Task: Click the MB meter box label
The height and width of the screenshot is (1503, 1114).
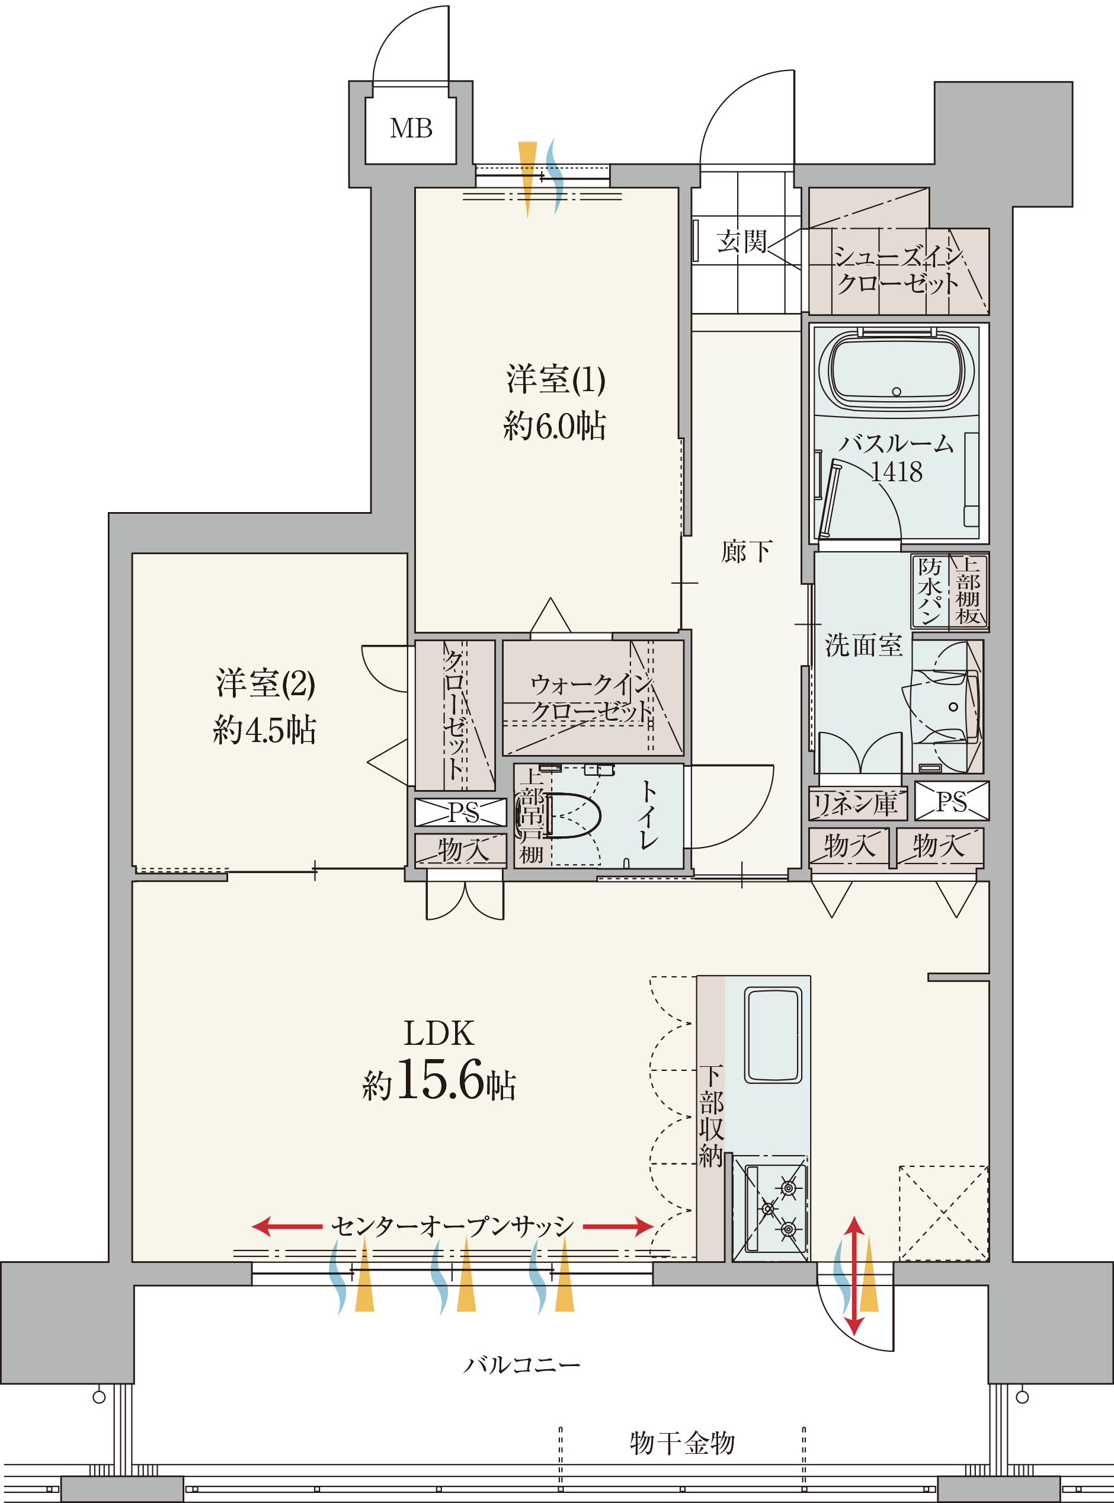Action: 411,128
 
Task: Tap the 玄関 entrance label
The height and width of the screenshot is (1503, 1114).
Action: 742,241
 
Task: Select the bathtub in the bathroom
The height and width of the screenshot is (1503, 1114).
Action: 896,369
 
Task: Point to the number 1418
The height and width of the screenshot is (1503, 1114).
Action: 896,471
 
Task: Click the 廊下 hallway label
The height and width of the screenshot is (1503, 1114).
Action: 746,551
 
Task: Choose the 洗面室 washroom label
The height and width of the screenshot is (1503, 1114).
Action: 863,645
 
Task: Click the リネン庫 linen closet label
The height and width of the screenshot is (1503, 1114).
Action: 855,803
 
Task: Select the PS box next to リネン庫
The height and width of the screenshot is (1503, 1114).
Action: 952,801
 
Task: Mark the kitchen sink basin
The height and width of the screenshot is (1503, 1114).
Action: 773,1035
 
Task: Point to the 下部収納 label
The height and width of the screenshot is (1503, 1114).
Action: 710,1117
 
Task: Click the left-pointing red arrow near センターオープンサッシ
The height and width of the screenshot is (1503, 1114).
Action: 287,1226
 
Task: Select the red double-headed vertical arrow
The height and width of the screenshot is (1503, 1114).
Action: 854,1276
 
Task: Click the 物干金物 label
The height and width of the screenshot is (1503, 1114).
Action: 682,1443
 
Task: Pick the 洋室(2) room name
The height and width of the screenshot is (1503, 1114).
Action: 265,683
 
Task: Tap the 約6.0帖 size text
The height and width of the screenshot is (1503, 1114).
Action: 554,426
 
